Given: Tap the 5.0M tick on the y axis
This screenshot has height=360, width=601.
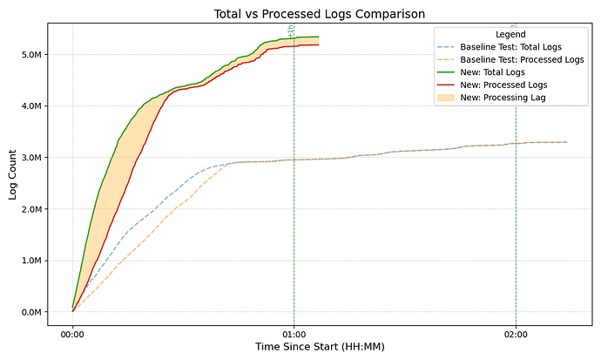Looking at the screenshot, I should click(x=31, y=54).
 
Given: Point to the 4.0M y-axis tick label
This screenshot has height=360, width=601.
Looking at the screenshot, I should click(x=31, y=105).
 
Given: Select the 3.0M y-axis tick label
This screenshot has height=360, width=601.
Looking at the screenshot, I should click(x=31, y=157).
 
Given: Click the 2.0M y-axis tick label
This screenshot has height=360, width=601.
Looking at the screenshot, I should click(x=31, y=208).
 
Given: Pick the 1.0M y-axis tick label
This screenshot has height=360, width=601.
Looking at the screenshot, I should click(x=31, y=260).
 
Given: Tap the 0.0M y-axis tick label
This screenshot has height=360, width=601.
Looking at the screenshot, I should click(x=31, y=311).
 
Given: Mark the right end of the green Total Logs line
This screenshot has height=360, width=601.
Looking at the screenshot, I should click(x=319, y=37).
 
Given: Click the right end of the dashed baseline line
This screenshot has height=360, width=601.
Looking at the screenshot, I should click(x=567, y=142).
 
